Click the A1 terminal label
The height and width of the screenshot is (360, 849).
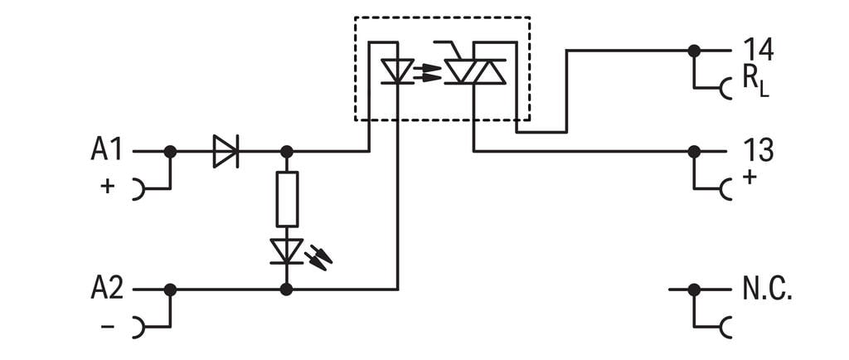click(106, 151)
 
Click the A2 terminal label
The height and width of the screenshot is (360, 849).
click(106, 289)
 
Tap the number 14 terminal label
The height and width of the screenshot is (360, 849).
click(758, 51)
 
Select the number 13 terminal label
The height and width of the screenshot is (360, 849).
click(758, 151)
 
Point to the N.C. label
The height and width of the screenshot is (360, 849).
click(767, 290)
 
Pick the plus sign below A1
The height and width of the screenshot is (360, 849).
click(107, 187)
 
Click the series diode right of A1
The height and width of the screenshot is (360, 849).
click(225, 152)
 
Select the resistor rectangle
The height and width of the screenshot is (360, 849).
click(287, 199)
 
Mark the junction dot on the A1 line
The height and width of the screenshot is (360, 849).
click(170, 152)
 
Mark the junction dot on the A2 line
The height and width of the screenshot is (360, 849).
click(170, 289)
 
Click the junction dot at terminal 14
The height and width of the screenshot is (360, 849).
click(694, 51)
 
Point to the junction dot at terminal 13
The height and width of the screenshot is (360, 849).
click(694, 152)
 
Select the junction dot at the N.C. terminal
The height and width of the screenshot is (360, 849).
click(694, 289)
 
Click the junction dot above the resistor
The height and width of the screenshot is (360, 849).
click(287, 152)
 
